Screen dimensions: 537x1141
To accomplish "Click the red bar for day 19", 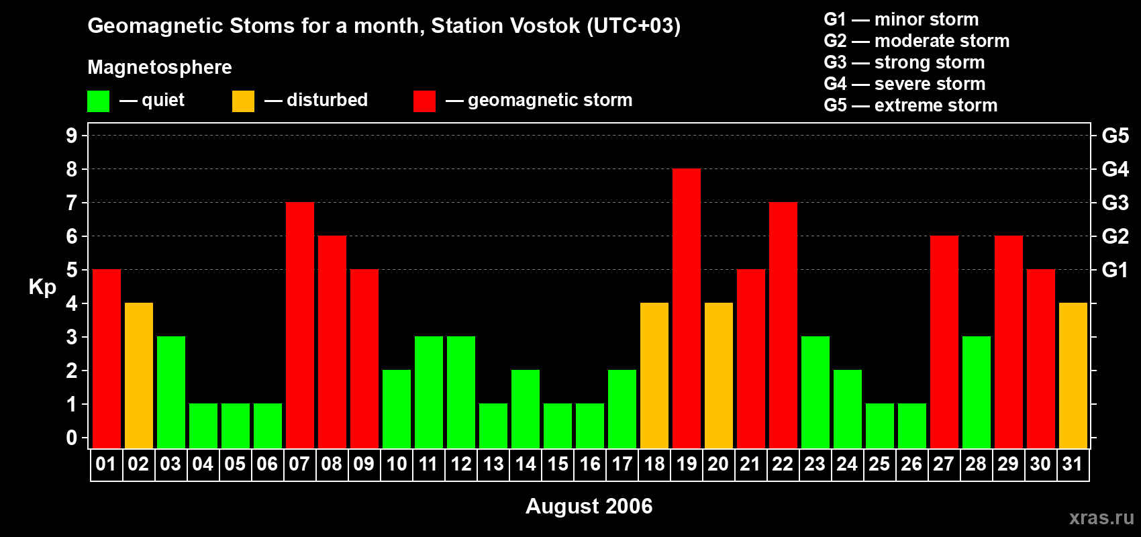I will click(687, 309).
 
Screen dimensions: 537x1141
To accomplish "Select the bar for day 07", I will click(300, 326).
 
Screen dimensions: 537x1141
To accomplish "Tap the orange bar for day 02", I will click(139, 376).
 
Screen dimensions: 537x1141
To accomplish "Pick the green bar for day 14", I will click(526, 409).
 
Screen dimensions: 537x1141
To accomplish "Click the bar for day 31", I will click(1073, 376).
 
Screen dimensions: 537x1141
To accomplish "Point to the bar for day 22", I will click(783, 326).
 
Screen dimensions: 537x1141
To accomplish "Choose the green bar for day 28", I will click(977, 393).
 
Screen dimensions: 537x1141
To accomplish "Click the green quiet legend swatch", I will click(99, 101).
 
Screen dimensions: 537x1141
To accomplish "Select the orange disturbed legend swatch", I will click(243, 101).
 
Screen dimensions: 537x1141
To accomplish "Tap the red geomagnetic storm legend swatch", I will click(424, 101).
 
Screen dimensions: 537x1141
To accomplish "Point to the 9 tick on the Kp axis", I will click(72, 136).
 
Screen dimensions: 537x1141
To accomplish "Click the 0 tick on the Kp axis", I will click(72, 438).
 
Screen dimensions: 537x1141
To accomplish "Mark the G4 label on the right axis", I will click(1115, 169).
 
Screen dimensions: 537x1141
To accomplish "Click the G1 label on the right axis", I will click(1115, 270).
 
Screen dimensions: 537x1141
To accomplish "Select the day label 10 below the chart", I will click(397, 464).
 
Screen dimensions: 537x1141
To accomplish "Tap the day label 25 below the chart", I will click(879, 464).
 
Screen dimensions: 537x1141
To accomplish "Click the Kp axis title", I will click(42, 287).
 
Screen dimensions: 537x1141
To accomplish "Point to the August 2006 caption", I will click(589, 506).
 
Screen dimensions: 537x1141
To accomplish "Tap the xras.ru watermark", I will click(1101, 517).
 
